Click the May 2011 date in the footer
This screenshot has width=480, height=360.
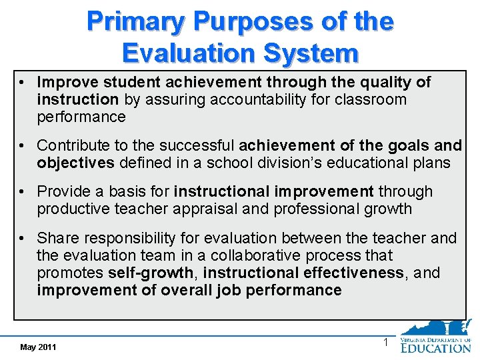pos(38,347)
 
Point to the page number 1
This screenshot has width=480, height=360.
pos(385,343)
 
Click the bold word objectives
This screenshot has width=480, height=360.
pos(74,163)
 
